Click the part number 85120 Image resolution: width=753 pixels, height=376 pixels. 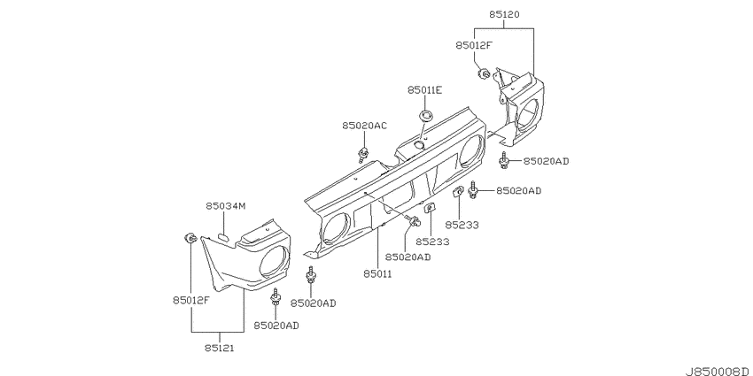pos(504,15)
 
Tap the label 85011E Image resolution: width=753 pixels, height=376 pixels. pos(424,89)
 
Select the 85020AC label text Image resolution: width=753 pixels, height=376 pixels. pos(364,126)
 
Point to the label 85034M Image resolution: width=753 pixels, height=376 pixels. pos(226,206)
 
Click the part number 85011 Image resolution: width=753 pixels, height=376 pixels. pos(377,274)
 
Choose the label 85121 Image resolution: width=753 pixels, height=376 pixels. pos(219,348)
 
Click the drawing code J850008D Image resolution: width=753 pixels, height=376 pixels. pos(718,372)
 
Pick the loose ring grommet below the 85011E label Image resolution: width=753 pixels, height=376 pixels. pos(425,115)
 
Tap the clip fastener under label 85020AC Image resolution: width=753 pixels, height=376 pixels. pos(363,154)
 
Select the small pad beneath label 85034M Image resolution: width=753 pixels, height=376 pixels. pos(224,237)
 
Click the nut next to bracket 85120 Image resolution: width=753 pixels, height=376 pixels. pos(484,74)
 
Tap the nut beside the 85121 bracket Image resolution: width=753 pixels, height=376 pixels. pos(190,238)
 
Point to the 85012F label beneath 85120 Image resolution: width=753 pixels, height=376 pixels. pos(475,45)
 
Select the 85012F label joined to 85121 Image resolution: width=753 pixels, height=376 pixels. pos(191,301)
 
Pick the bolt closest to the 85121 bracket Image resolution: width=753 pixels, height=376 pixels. pos(276,298)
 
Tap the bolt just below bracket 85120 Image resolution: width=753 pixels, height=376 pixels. pos(504,161)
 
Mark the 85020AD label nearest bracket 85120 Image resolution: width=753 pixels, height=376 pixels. pos(546,161)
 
